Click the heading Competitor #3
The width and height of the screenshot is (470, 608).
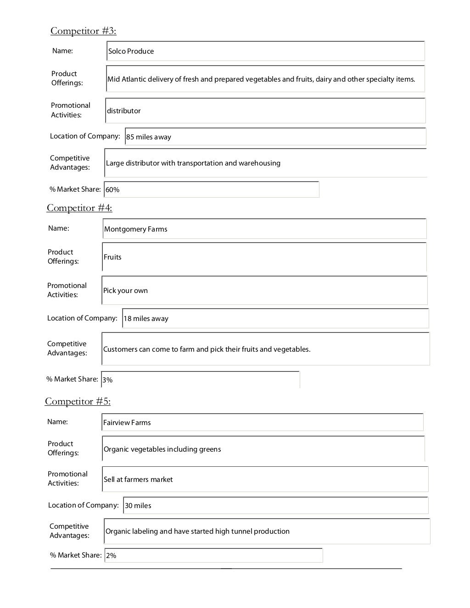coord(83,31)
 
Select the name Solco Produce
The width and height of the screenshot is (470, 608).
coord(131,51)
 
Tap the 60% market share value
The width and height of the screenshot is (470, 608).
coord(112,190)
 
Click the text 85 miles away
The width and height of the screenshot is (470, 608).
coord(148,137)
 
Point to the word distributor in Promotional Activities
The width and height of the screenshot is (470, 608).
coord(123,111)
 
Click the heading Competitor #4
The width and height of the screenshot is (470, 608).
coord(79,208)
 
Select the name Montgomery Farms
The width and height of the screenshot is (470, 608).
coord(135,229)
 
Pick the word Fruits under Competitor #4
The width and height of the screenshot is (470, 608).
coord(112,257)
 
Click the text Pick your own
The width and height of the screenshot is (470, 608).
coord(125,291)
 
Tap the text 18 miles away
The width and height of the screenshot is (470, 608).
coord(146,319)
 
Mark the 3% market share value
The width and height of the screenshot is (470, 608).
coord(107,380)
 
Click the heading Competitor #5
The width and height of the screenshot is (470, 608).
coord(78,401)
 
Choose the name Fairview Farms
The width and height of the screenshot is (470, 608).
coord(127,423)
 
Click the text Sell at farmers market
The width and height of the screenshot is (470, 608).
coord(138,480)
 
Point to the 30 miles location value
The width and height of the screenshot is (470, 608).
coord(138,506)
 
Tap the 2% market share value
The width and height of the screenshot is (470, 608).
coord(111,556)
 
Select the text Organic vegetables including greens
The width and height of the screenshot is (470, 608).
coord(162,449)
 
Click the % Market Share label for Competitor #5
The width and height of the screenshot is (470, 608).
coord(76,555)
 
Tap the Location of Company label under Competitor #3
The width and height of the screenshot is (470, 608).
coord(85,136)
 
